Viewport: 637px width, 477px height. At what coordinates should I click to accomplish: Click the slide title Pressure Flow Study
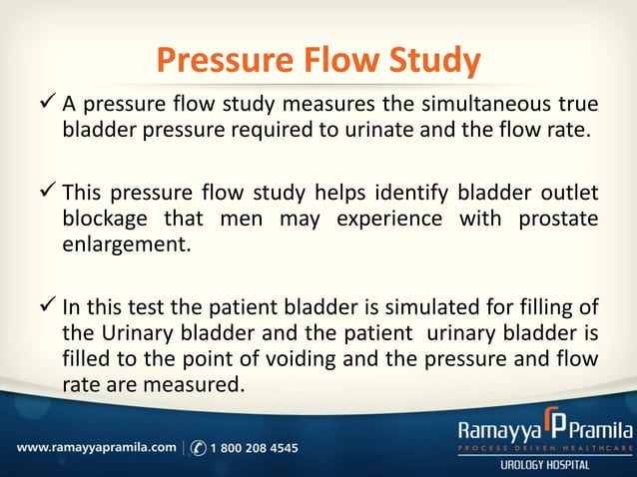(318, 62)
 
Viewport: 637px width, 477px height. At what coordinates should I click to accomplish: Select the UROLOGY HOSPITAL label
(551, 466)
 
